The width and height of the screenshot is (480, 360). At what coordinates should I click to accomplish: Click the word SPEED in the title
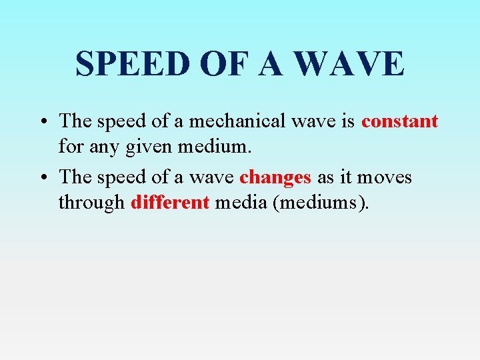pos(131,64)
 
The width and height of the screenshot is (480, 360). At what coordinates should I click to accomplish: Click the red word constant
pos(399,121)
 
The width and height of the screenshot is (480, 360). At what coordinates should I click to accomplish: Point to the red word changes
pos(275,177)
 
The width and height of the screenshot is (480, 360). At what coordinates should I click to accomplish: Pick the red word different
pos(170,202)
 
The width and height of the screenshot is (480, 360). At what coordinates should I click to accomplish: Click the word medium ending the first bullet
pos(213,145)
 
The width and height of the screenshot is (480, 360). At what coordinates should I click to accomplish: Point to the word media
pos(238,202)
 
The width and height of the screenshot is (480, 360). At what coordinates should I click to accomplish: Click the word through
pos(91,202)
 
